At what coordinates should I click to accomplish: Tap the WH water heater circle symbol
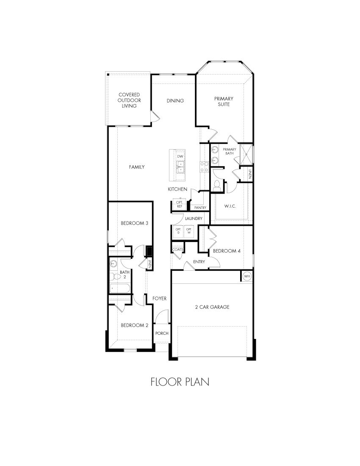[x=247, y=276]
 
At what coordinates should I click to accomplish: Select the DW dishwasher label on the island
[x=180, y=157]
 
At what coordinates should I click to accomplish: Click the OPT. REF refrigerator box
[x=179, y=205]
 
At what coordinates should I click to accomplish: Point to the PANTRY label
[x=200, y=208]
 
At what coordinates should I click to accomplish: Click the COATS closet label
[x=178, y=250]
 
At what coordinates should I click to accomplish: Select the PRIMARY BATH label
[x=229, y=151]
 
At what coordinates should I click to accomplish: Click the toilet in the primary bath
[x=218, y=185]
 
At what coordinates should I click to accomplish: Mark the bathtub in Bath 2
[x=120, y=288]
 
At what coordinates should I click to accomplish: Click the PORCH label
[x=162, y=333]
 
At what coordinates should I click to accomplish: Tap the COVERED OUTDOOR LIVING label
[x=129, y=100]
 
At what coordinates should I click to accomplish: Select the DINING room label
[x=175, y=100]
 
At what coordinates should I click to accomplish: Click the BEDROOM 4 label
[x=227, y=251]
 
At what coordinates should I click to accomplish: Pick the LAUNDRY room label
[x=194, y=219]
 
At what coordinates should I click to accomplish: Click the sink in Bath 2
[x=113, y=264]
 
